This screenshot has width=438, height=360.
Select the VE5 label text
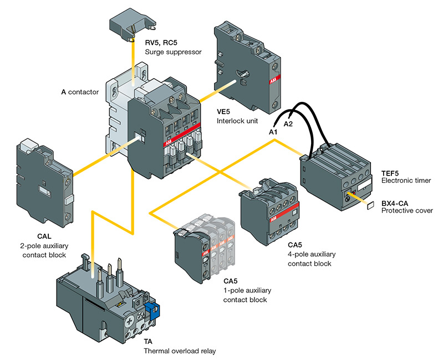tap(224, 110)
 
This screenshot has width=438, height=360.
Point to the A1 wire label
tap(273, 132)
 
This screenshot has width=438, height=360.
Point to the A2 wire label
tap(288, 124)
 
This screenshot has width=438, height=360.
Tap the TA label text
tap(149, 342)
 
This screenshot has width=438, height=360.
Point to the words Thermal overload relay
tap(179, 351)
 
